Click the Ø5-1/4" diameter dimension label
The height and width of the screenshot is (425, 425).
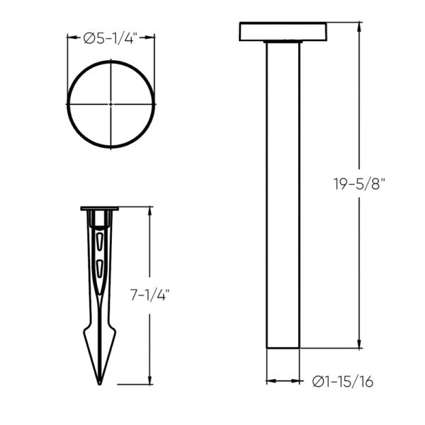(111, 40)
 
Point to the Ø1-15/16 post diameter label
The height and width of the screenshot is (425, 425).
(343, 382)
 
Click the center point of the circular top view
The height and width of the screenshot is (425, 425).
(111, 104)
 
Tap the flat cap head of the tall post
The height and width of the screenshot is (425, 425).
(283, 32)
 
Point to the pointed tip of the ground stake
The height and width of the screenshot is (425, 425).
(100, 382)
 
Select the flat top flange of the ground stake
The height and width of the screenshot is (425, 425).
(100, 209)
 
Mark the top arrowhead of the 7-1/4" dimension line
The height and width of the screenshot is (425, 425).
(149, 211)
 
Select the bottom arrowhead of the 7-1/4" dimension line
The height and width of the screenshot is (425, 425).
(149, 380)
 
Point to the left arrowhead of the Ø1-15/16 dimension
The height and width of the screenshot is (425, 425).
(270, 382)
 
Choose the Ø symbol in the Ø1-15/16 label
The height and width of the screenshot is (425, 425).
(319, 382)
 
